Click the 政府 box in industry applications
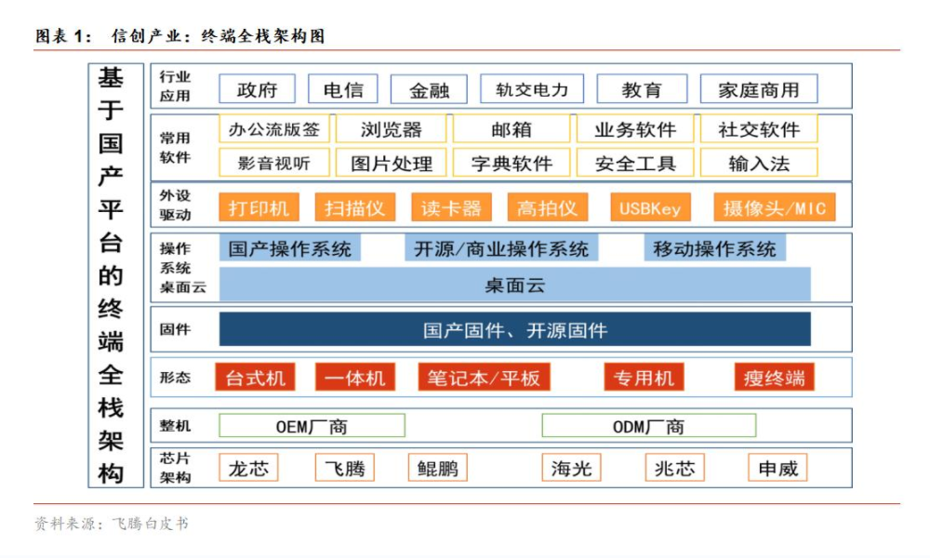pyautogui.click(x=257, y=89)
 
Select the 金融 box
pyautogui.click(x=429, y=89)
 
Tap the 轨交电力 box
pyautogui.click(x=532, y=89)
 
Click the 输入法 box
pyautogui.click(x=759, y=164)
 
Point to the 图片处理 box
pyautogui.click(x=392, y=164)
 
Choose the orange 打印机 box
pyautogui.click(x=259, y=207)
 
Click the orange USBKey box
pyautogui.click(x=650, y=207)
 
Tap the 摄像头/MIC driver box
pyautogui.click(x=774, y=207)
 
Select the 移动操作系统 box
pyautogui.click(x=714, y=248)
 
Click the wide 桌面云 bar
pyautogui.click(x=514, y=285)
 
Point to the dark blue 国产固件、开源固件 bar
pyautogui.click(x=514, y=329)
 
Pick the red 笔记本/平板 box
pyautogui.click(x=484, y=377)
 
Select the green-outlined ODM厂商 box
pyautogui.click(x=648, y=426)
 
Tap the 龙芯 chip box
pyautogui.click(x=248, y=468)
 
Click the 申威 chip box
pyautogui.click(x=777, y=468)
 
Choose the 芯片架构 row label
pyautogui.click(x=175, y=468)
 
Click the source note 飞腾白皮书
pyautogui.click(x=150, y=524)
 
